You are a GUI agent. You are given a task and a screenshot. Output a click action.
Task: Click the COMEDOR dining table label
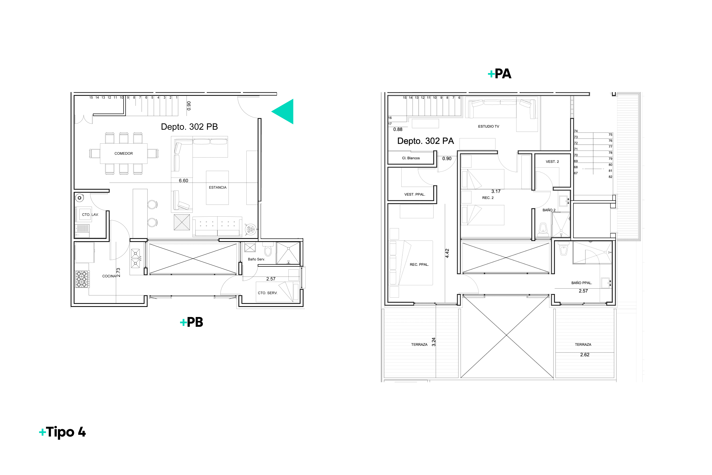click(x=124, y=154)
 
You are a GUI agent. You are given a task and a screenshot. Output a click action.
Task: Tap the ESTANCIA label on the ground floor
click(x=218, y=187)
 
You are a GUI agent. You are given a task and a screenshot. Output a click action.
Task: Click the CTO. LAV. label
click(x=90, y=214)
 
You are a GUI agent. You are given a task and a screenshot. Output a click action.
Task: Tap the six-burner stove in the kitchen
click(x=82, y=279)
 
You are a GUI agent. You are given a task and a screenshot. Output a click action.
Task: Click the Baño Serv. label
click(x=256, y=259)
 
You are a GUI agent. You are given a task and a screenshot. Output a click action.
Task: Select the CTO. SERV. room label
click(x=267, y=293)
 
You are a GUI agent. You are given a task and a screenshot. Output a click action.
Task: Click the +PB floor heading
click(x=191, y=322)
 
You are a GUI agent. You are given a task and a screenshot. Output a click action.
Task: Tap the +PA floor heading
click(x=500, y=74)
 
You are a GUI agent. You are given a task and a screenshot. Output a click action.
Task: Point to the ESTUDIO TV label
click(x=488, y=126)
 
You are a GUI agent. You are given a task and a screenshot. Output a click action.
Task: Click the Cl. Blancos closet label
click(x=411, y=158)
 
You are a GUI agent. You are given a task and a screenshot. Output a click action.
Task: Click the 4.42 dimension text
click(x=447, y=253)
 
